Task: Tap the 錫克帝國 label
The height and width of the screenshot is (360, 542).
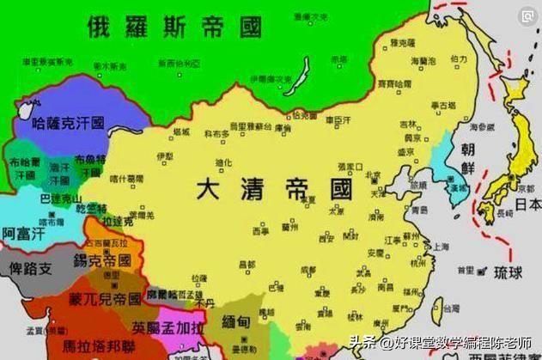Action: pyautogui.click(x=101, y=259)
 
